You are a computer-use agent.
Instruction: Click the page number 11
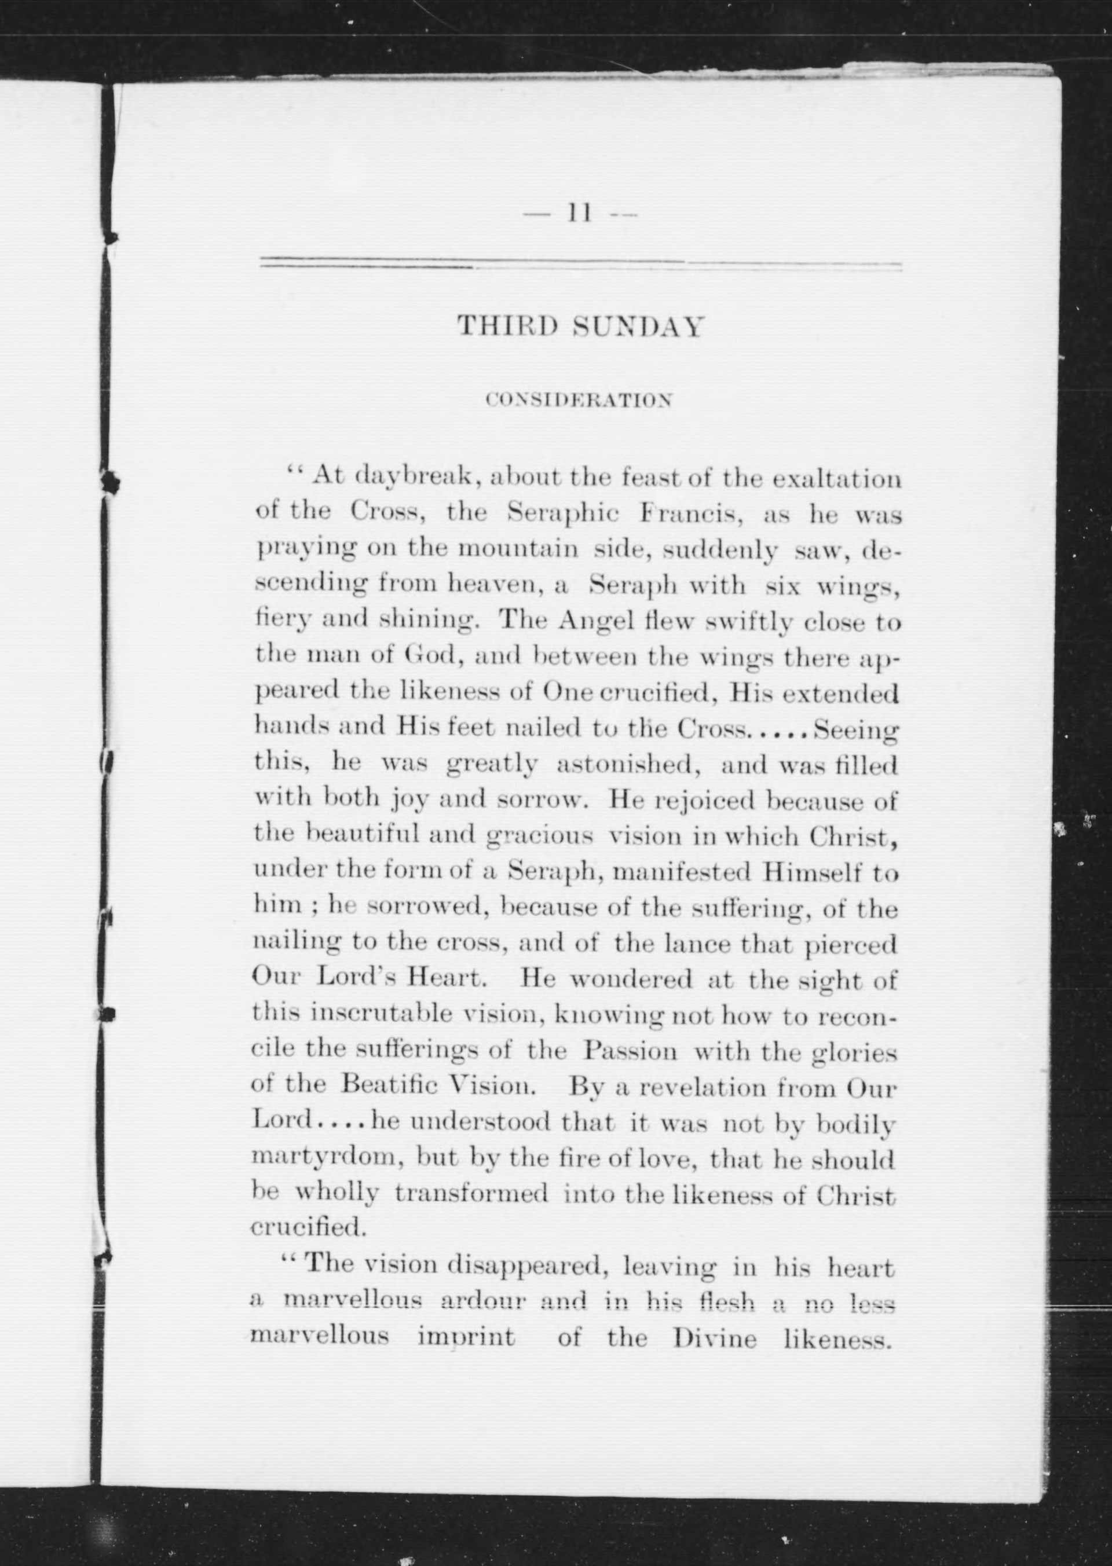pos(579,215)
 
